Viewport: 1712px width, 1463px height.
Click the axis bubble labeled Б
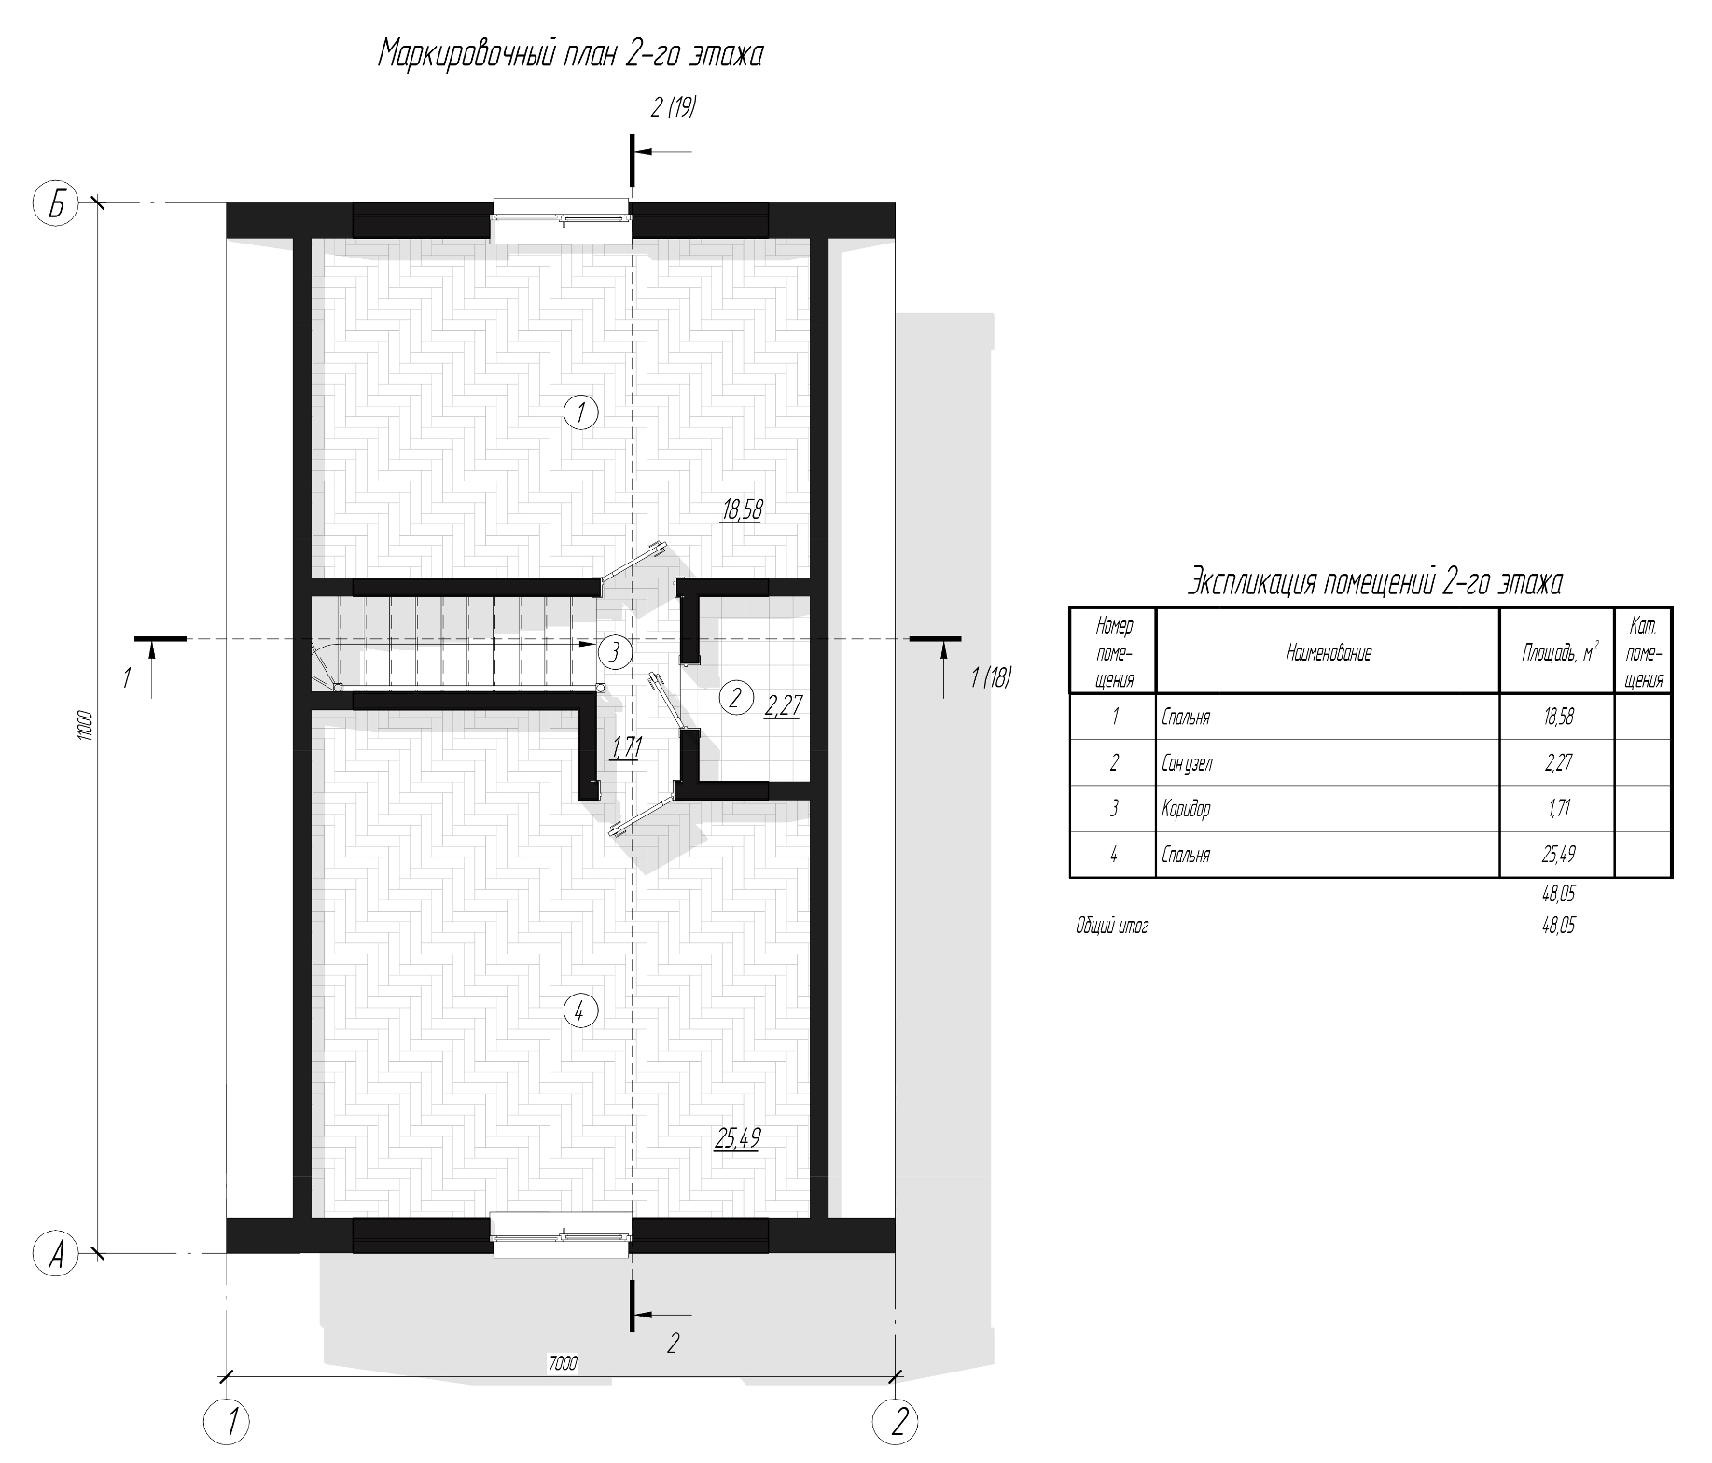click(x=57, y=204)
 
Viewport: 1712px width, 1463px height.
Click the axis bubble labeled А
click(x=57, y=1254)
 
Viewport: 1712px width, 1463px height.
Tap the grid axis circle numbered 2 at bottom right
click(x=896, y=1422)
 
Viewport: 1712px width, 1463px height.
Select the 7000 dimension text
click(x=563, y=1363)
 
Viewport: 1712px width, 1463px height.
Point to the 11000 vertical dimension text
click(x=85, y=726)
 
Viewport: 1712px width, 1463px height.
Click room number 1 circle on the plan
click(x=581, y=411)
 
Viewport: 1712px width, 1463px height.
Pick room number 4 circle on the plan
click(x=580, y=1009)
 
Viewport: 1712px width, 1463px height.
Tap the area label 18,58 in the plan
click(x=742, y=509)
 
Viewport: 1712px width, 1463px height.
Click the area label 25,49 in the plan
click(x=737, y=1137)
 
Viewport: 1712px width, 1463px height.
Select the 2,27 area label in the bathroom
click(x=783, y=705)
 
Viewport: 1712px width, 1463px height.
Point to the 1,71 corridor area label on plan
click(x=625, y=747)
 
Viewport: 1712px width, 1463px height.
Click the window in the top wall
click(x=563, y=221)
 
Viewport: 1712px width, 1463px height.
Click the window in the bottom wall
click(x=563, y=1237)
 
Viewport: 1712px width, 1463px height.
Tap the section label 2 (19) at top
click(x=674, y=107)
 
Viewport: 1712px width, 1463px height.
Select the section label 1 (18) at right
click(x=991, y=677)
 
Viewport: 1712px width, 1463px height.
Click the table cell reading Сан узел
click(x=1188, y=763)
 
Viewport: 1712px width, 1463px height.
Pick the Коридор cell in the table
click(x=1186, y=809)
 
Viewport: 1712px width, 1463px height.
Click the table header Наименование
click(x=1329, y=653)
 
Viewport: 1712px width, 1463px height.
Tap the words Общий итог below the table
click(x=1112, y=927)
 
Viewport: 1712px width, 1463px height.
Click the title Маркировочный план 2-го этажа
click(x=571, y=54)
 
